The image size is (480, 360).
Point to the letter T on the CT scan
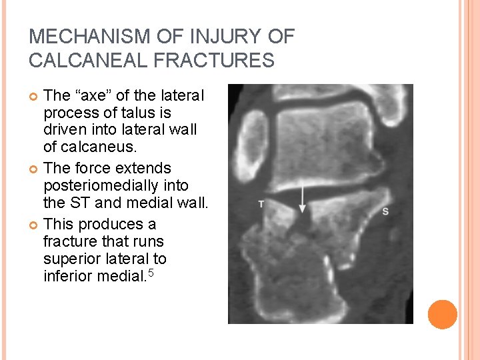pyautogui.click(x=261, y=204)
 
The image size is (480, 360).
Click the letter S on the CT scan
pyautogui.click(x=385, y=211)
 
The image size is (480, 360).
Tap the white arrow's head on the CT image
pyautogui.click(x=303, y=209)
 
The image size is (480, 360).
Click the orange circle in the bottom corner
pyautogui.click(x=443, y=315)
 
